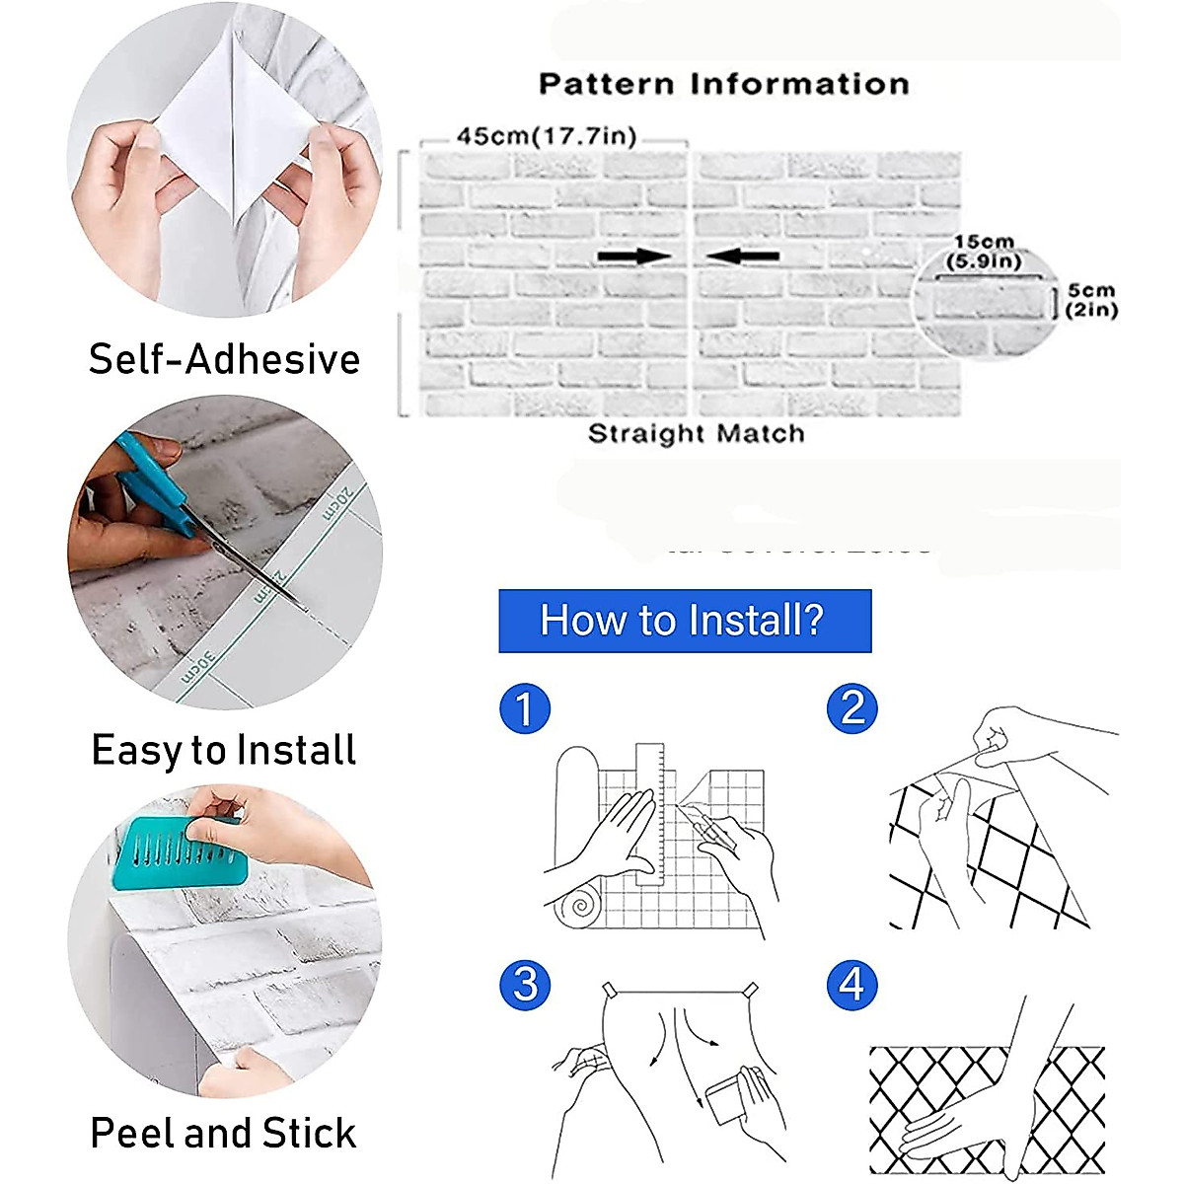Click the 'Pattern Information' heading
tap(723, 85)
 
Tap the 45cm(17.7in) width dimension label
tap(546, 136)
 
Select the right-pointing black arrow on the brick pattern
tap(634, 257)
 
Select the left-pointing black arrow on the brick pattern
tap(743, 257)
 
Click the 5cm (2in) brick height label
tap(1091, 300)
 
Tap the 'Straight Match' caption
tap(696, 434)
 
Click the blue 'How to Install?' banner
tap(685, 621)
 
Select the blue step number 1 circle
tap(524, 708)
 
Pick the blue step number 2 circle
tap(851, 708)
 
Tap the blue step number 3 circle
tap(524, 984)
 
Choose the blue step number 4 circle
tap(851, 984)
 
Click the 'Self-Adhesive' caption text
tap(224, 359)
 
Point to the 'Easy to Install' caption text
tap(224, 750)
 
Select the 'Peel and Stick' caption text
tap(224, 1133)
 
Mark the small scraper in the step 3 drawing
tap(727, 1097)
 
